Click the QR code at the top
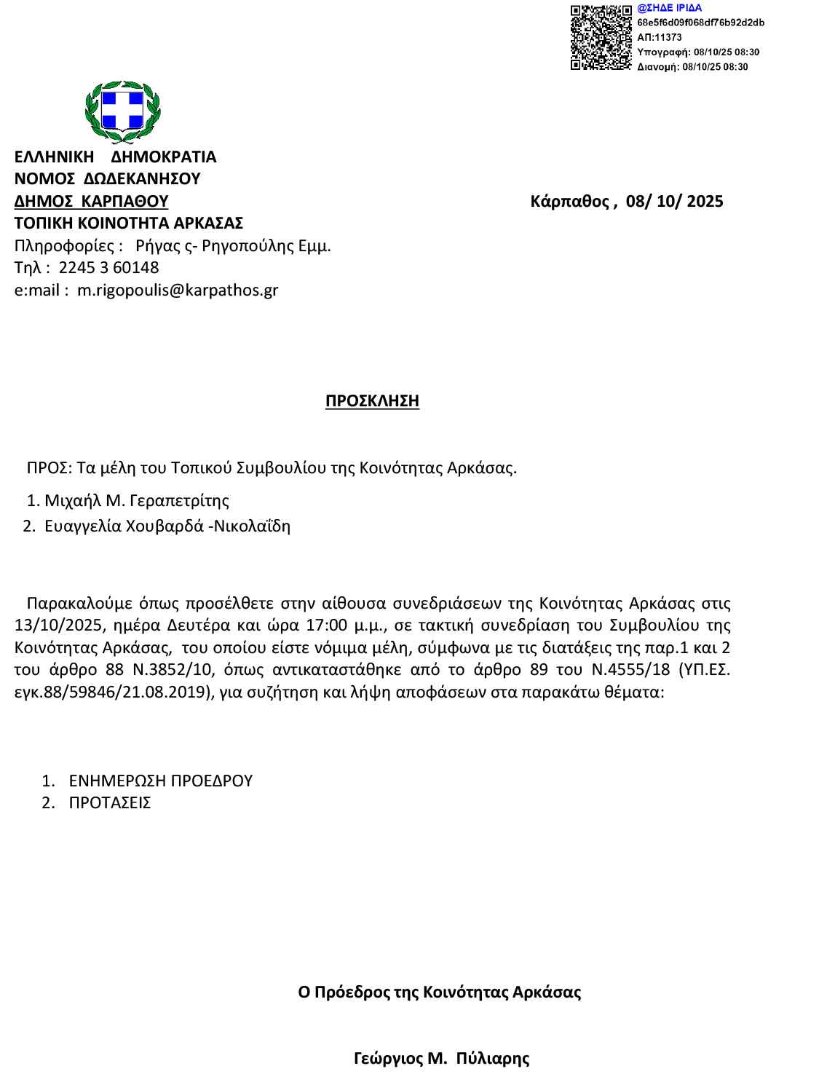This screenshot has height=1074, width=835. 601,38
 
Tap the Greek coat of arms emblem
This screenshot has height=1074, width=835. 122,111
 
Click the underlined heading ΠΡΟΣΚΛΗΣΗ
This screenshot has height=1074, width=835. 372,401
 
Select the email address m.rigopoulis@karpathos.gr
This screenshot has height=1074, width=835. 178,291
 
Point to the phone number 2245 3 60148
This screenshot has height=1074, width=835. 108,268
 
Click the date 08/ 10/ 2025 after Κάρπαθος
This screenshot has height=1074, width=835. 674,202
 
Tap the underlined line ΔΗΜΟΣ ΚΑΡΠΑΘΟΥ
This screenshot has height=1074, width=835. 91,202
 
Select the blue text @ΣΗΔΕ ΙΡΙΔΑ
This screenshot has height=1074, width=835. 669,8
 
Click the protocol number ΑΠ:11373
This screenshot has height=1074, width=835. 659,37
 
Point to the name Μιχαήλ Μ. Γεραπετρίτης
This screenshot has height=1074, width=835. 137,501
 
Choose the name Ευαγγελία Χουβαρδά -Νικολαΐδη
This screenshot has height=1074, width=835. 167,526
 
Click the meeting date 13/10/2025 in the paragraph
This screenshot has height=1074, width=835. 58,625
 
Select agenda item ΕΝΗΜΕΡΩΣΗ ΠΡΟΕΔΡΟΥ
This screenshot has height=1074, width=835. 160,781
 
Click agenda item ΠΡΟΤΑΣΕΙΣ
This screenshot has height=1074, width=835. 109,803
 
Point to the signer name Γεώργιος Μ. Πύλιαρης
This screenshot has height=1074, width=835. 441,1059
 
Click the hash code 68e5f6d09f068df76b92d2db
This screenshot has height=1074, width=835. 700,23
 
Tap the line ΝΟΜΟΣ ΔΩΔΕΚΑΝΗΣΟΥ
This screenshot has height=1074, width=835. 107,179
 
